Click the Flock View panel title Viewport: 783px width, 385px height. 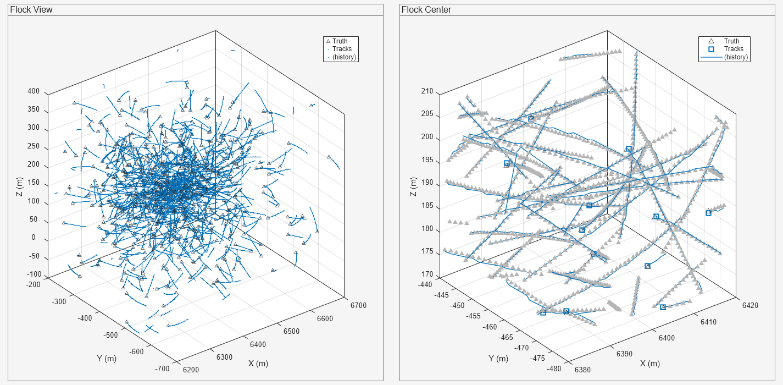tap(31, 10)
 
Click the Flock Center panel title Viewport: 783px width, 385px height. tap(426, 10)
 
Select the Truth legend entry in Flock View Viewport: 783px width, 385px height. tap(340, 41)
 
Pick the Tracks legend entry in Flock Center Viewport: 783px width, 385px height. tap(734, 49)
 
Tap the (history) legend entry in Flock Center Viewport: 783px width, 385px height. tap(736, 57)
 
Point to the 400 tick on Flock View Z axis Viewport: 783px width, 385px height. tap(34, 92)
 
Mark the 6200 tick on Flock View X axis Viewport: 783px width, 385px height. tap(191, 370)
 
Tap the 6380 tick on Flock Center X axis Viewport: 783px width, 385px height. tap(582, 370)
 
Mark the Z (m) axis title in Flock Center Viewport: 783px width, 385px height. tap(413, 186)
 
